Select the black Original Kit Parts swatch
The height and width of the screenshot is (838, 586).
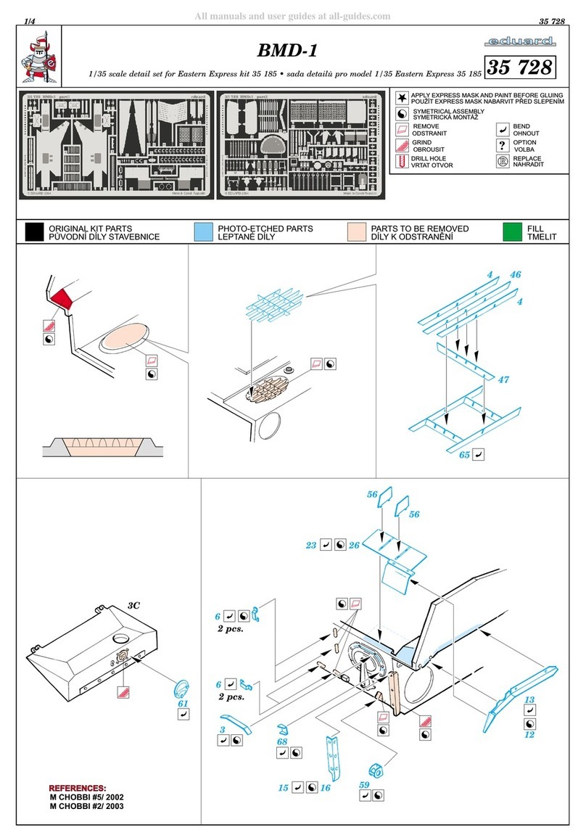tap(33, 232)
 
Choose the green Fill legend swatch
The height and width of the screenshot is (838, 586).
tap(513, 232)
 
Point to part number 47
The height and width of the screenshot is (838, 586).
tap(504, 379)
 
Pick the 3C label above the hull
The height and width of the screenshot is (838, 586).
tap(133, 604)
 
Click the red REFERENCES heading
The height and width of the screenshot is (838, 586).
tap(77, 787)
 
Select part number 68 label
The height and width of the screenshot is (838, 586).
tap(282, 742)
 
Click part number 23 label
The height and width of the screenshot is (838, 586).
tap(311, 544)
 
